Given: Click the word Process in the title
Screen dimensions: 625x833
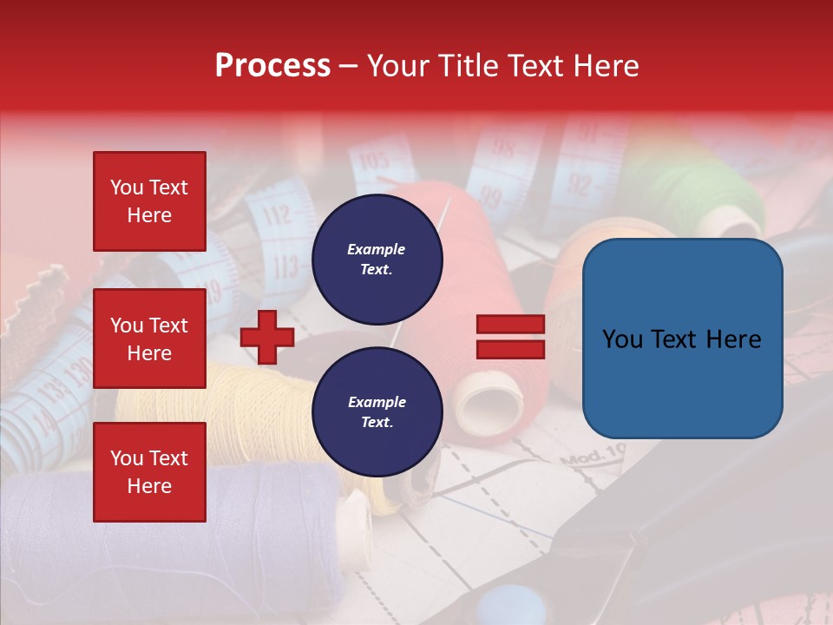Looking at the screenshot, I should [x=272, y=66].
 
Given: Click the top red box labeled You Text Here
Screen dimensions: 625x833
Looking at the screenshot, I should [x=149, y=201].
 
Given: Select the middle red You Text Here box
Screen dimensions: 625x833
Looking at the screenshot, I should [x=149, y=339].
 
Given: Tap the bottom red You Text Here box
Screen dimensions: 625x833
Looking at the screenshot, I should [x=149, y=472].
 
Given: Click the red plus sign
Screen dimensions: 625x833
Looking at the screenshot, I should [x=267, y=337].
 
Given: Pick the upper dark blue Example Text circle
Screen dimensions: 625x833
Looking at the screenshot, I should [x=377, y=260].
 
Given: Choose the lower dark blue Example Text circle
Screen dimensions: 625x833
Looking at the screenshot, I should [x=377, y=412].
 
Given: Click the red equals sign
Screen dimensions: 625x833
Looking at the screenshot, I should [x=510, y=337].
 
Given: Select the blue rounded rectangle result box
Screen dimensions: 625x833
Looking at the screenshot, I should [x=682, y=339].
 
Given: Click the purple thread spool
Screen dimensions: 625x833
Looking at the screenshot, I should [x=252, y=538].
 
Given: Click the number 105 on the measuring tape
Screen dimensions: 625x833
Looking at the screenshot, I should [x=373, y=161].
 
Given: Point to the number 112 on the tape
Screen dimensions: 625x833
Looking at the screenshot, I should [x=276, y=214].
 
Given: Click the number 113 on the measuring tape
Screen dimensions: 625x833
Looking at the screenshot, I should [x=284, y=267].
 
